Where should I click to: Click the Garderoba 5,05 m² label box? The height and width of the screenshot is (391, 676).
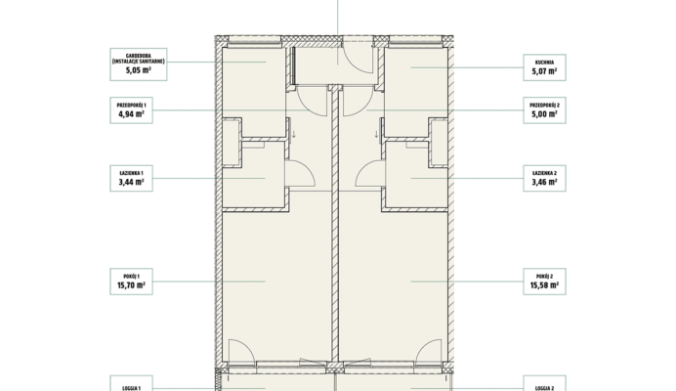(139, 65)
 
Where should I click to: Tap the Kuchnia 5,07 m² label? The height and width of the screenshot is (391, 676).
(544, 67)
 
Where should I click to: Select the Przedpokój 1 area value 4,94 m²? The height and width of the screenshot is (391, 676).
(131, 114)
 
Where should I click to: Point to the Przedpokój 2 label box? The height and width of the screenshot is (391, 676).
(544, 110)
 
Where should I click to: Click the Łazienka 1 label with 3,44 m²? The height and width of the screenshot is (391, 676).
(131, 178)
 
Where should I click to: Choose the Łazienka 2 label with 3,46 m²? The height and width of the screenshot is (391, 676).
(544, 178)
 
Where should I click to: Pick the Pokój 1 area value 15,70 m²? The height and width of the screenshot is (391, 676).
(131, 285)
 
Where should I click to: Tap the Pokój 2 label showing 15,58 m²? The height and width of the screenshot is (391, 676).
(544, 282)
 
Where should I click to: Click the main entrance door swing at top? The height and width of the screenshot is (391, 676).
(357, 57)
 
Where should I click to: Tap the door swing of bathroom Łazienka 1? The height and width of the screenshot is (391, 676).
(301, 173)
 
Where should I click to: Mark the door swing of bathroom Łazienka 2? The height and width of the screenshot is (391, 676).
(370, 173)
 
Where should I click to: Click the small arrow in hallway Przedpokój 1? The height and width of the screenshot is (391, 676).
(294, 134)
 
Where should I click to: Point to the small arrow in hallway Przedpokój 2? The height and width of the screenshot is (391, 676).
(376, 134)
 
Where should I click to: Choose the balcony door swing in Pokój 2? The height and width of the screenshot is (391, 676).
(429, 350)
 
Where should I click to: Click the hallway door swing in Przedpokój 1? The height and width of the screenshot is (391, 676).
(313, 101)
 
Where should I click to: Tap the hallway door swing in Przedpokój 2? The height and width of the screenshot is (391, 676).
(358, 101)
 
